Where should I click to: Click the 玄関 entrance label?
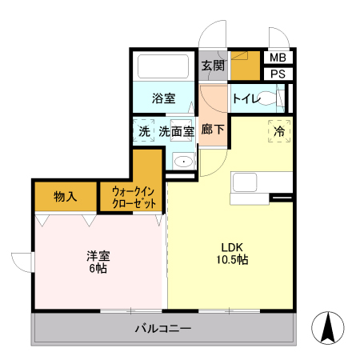211,66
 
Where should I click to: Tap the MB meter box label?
277,58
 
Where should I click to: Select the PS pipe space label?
277,74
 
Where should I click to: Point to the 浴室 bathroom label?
164,99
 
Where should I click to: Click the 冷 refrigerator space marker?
279,130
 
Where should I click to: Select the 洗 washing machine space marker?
144,130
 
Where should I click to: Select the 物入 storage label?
66,196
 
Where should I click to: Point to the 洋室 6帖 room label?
98,262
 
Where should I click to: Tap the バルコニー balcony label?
162,328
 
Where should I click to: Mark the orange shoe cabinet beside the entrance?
245,67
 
